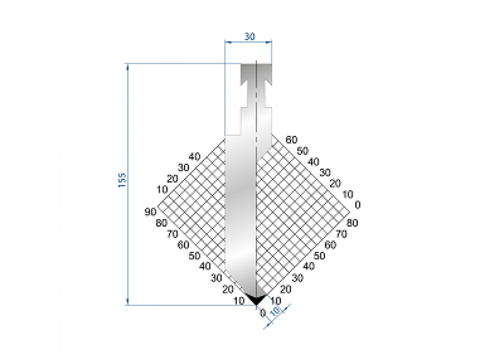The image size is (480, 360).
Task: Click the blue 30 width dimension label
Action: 250,36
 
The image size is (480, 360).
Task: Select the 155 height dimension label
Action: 122,180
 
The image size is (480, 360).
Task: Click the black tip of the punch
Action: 255,299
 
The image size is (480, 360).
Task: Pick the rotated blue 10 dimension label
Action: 275,312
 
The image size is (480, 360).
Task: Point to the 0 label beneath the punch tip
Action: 263,313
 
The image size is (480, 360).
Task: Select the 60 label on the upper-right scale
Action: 292,140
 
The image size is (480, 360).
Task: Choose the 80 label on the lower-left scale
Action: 162,223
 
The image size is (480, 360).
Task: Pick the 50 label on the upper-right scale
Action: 302,151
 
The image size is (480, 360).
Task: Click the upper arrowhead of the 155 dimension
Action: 128,66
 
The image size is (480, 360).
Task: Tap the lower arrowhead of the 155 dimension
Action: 128,302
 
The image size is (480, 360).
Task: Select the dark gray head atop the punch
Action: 256,72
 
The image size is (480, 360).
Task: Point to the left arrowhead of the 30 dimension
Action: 227,41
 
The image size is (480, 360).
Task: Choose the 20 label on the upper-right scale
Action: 336,184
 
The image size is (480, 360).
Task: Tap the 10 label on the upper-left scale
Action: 162,189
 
